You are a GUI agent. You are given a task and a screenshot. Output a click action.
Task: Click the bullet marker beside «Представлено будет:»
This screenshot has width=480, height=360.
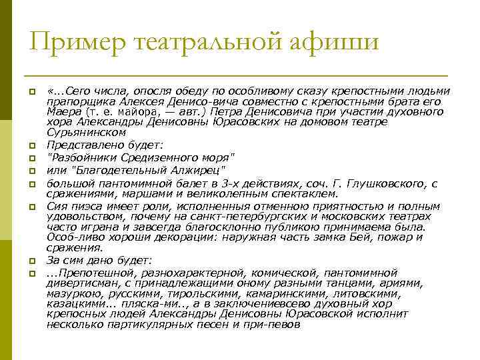(31, 144)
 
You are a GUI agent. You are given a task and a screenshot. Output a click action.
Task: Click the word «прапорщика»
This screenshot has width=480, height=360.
(73, 102)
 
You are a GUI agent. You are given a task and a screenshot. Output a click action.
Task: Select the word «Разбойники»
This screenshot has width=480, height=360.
(79, 157)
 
